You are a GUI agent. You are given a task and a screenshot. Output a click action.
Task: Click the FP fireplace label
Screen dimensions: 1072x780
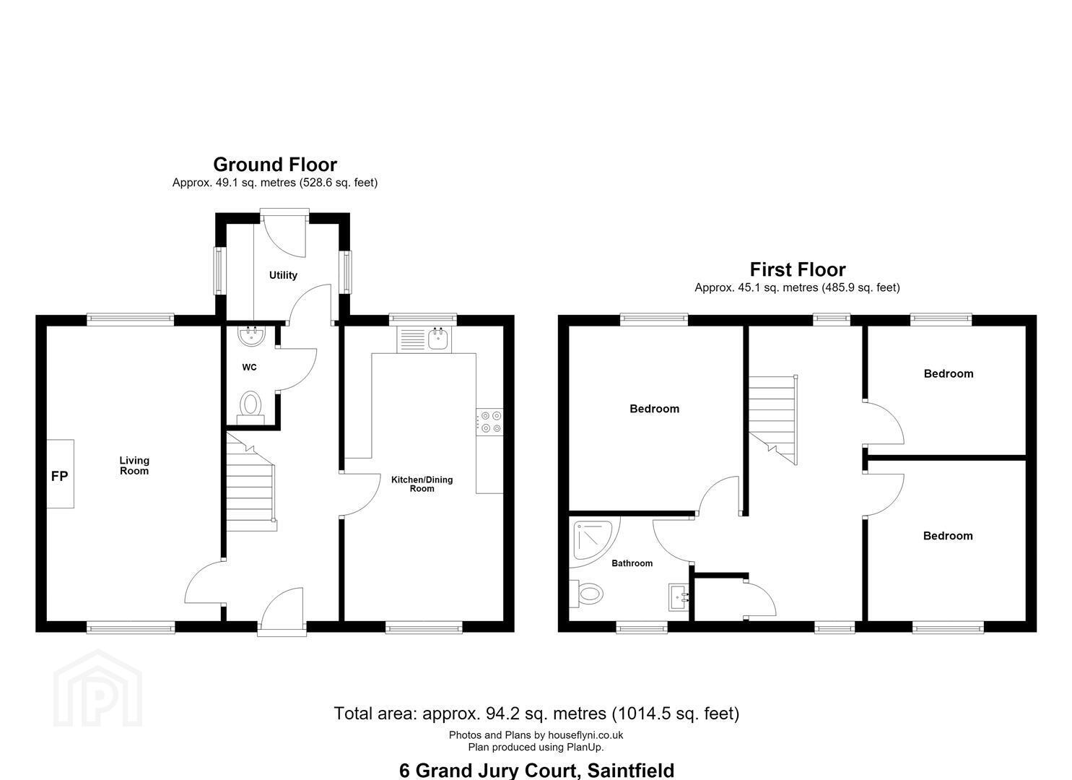pyautogui.click(x=59, y=476)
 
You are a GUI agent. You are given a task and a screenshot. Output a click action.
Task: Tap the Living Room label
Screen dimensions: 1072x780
pyautogui.click(x=134, y=465)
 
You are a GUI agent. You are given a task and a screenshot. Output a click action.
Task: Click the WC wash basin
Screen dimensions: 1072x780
pyautogui.click(x=251, y=336)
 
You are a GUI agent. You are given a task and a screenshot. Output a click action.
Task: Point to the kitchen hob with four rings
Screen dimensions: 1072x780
pyautogui.click(x=489, y=422)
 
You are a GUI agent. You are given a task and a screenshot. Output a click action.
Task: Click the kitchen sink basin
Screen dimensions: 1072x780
pyautogui.click(x=438, y=339)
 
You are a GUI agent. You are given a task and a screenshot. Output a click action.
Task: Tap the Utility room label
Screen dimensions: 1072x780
pyautogui.click(x=283, y=275)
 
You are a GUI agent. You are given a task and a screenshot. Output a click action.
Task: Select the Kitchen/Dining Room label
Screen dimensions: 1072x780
pyautogui.click(x=422, y=484)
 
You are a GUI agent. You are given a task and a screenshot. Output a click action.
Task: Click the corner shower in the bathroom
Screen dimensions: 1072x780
pyautogui.click(x=594, y=541)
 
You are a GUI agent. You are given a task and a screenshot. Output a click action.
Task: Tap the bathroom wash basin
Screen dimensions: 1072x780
pyautogui.click(x=679, y=597)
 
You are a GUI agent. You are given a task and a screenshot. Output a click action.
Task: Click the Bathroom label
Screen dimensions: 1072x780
pyautogui.click(x=632, y=563)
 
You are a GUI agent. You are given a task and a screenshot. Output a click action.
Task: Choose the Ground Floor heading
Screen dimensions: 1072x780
pyautogui.click(x=275, y=165)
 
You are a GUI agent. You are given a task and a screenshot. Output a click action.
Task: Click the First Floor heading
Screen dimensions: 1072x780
pyautogui.click(x=797, y=269)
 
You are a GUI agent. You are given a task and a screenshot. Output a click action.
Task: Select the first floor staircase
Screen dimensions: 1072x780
pyautogui.click(x=773, y=420)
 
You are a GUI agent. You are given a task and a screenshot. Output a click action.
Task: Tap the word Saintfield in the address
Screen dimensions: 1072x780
pyautogui.click(x=631, y=771)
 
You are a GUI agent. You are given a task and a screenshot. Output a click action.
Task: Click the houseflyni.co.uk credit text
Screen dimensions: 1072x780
pyautogui.click(x=585, y=735)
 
